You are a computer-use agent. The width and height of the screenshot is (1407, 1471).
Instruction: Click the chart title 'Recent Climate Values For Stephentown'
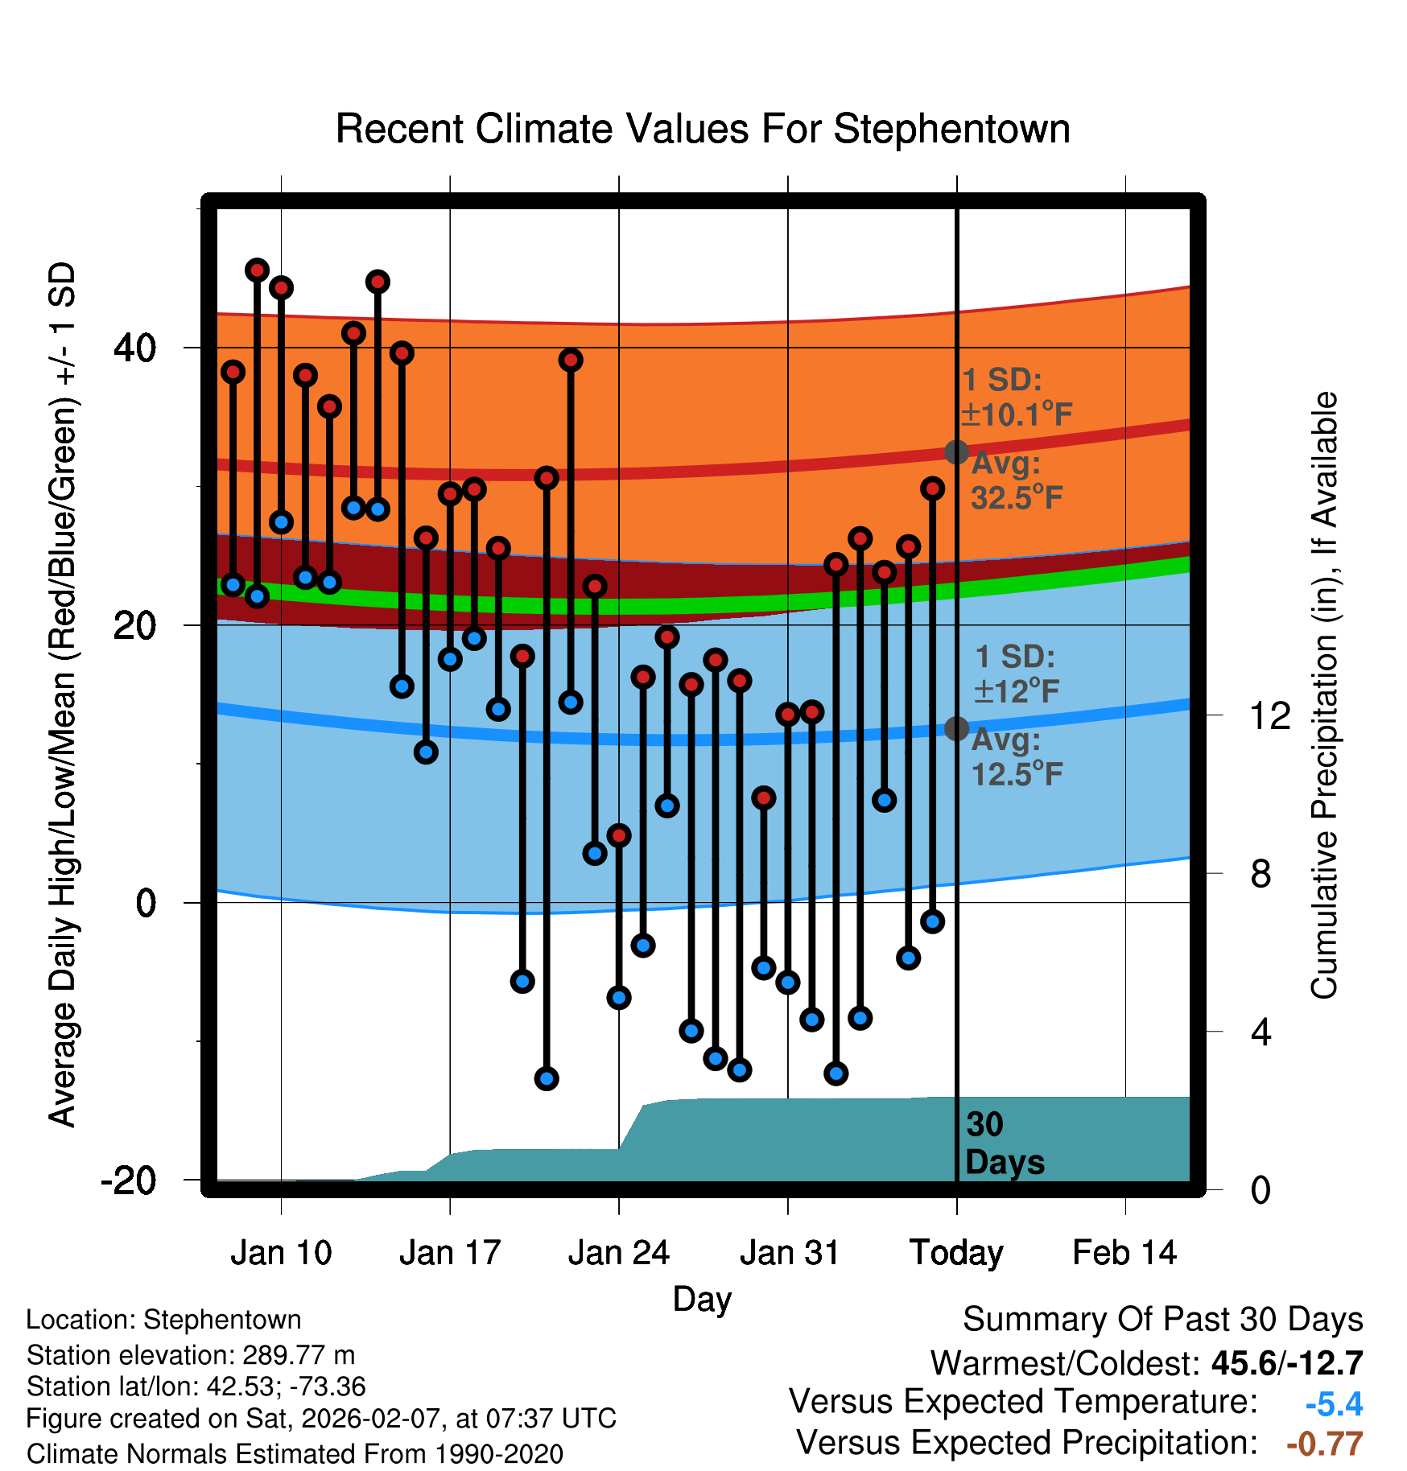point(703,129)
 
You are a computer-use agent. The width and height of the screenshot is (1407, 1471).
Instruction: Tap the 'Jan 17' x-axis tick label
point(450,1253)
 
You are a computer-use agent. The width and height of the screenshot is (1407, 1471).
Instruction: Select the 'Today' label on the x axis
point(956,1253)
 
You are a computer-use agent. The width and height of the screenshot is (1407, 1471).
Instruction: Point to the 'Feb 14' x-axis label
point(1124,1253)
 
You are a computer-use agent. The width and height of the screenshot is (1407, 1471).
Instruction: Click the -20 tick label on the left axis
point(129,1181)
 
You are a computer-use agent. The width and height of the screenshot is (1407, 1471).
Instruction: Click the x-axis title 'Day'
point(702,1299)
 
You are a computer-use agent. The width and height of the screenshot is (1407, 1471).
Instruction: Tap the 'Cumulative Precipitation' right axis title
point(1324,696)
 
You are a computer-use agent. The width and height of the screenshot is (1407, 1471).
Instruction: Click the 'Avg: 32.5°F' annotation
point(1016,481)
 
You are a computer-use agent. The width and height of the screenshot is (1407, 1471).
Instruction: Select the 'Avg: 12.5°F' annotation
point(1016,757)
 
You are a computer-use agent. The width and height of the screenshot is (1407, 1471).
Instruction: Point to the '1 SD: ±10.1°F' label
point(1016,398)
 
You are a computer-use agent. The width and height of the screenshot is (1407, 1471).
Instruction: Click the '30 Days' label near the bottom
point(1004,1143)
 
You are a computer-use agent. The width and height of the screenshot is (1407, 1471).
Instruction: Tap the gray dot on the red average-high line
point(956,452)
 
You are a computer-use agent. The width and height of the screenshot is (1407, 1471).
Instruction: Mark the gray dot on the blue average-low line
point(956,728)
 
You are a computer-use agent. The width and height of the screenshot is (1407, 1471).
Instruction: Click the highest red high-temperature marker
point(257,270)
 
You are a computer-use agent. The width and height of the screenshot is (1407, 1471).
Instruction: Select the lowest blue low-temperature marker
point(547,1078)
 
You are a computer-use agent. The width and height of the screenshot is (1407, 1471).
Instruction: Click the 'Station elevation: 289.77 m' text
point(191,1355)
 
